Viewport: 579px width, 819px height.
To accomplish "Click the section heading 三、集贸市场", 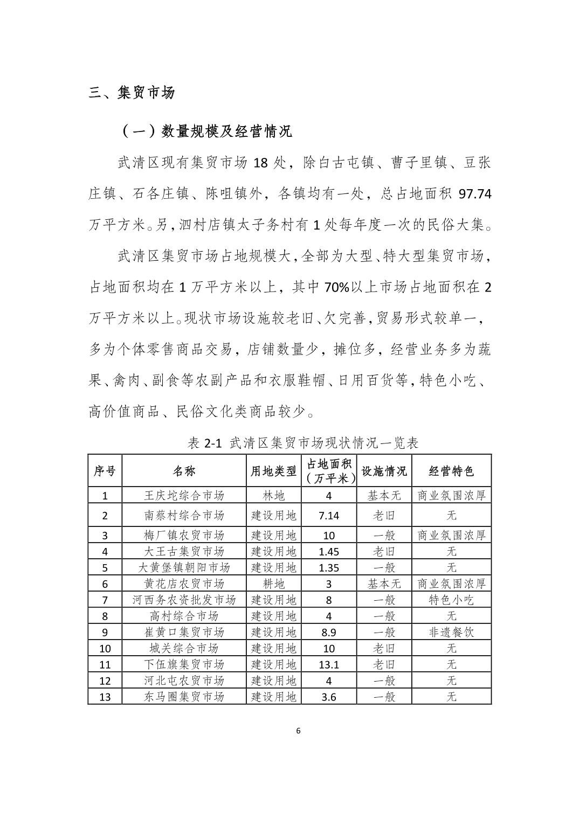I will [132, 93].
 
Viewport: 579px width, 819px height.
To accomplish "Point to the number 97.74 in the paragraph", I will [474, 193].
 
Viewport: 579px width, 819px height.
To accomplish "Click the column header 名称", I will [184, 471].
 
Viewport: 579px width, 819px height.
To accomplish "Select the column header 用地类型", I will [274, 471].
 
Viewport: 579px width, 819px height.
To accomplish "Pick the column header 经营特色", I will [451, 471].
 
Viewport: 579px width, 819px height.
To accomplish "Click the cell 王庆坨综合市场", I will [184, 495].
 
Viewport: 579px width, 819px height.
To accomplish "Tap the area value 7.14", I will [329, 515].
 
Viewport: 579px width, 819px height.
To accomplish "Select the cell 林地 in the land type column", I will [274, 495].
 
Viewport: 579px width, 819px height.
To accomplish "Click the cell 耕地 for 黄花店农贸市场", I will [274, 584].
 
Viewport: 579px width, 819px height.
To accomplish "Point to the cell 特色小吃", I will [451, 600].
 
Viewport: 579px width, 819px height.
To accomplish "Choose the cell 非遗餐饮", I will [451, 632].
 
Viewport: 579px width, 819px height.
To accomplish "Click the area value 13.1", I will [329, 664].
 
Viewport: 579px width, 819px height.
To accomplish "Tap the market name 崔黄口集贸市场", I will [184, 632].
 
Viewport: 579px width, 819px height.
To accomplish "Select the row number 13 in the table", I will [105, 697].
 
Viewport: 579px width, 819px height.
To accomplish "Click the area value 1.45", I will [329, 551].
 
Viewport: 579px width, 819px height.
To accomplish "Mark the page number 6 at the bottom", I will [298, 731].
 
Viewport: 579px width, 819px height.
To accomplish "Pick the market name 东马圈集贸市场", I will [184, 697].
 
